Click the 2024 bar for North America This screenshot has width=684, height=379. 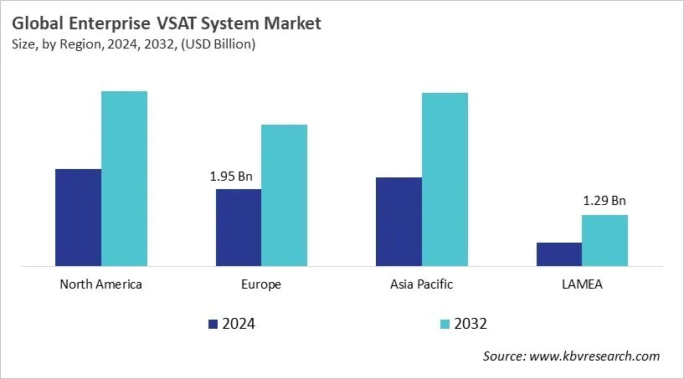click(78, 218)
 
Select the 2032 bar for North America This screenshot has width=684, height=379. click(124, 179)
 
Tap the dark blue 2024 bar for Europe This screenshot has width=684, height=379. click(239, 228)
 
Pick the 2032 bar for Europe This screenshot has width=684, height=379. click(285, 196)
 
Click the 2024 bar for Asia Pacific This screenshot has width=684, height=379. click(399, 222)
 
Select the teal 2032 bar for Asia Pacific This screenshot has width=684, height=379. click(445, 180)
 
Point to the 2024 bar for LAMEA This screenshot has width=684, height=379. click(558, 254)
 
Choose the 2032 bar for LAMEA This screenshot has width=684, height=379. click(604, 241)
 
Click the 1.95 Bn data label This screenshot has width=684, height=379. click(231, 177)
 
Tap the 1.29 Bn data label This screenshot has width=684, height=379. click(604, 201)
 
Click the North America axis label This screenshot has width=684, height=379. click(101, 284)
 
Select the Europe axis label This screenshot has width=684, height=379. click(261, 284)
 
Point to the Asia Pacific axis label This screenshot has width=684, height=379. click(421, 284)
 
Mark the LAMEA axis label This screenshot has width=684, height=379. click(582, 284)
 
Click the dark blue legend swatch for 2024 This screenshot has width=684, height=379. click(213, 324)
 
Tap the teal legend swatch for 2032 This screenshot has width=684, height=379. click(444, 324)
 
